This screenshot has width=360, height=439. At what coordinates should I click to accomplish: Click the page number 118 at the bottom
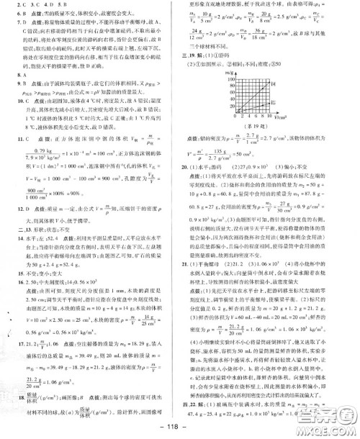pos(179,430)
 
